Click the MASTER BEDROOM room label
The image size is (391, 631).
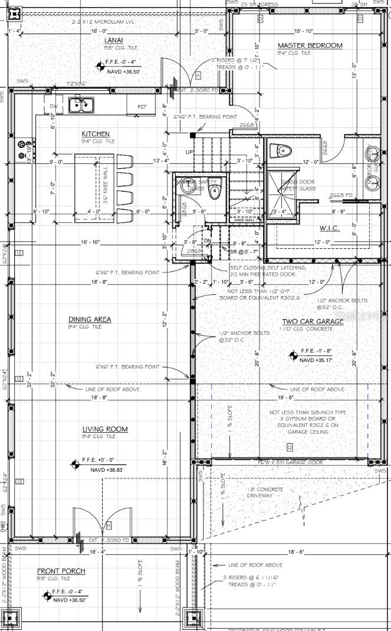[x=310, y=45]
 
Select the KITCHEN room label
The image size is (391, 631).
[x=96, y=134]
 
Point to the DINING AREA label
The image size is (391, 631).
[x=90, y=320]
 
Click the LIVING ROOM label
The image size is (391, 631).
[x=105, y=429]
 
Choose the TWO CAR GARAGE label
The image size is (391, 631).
[x=312, y=322]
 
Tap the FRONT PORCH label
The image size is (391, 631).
[x=61, y=571]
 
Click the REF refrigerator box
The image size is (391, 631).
[x=142, y=106]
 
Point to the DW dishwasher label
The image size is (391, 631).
[x=53, y=106]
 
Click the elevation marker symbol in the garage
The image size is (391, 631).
[x=293, y=355]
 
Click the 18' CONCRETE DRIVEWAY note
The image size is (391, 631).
[x=265, y=492]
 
